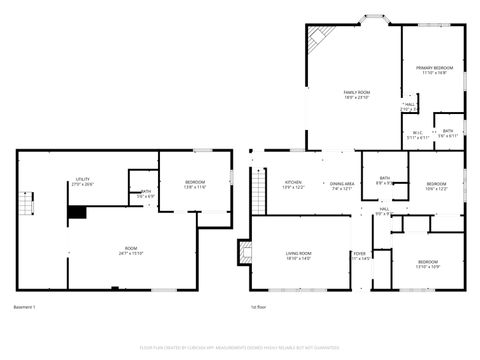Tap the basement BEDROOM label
coord(195,184)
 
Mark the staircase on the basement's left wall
coord(30,202)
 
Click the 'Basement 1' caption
coord(25,306)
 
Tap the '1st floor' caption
coord(260,306)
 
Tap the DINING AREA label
coord(343,185)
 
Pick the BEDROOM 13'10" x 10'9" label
coord(427,264)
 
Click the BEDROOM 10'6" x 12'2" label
coord(436,186)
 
